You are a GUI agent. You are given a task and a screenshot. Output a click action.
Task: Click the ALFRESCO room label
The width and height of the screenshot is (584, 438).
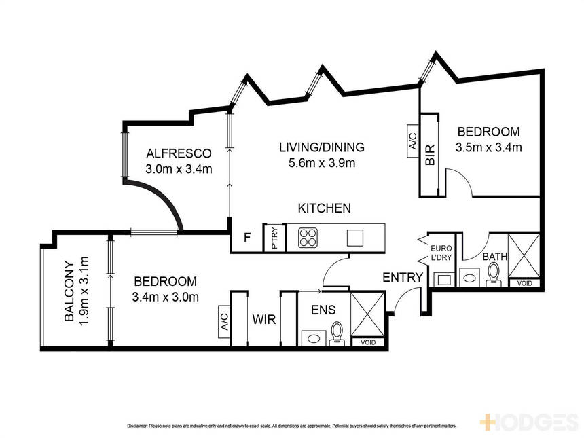(179, 153)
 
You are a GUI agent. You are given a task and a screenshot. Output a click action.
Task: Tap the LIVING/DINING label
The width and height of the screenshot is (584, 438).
(322, 147)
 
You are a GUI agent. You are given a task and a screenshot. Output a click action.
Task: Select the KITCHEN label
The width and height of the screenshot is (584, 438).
(324, 208)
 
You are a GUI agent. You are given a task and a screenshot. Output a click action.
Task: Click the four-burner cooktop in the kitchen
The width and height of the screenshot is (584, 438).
(308, 237)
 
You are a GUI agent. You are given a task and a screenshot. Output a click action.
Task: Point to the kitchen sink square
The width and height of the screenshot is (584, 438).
(355, 238)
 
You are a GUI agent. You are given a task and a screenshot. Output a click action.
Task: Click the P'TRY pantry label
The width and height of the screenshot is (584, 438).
(275, 238)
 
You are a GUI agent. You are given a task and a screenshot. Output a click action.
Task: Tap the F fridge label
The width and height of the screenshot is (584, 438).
(247, 237)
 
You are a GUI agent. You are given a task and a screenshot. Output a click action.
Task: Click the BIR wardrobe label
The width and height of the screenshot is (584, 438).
(429, 155)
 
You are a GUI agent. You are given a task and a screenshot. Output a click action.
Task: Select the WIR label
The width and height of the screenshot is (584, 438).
(264, 320)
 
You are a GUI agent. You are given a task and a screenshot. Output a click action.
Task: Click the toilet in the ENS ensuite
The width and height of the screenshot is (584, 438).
(337, 333)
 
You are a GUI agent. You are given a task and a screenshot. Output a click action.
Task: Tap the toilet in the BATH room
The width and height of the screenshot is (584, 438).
(494, 274)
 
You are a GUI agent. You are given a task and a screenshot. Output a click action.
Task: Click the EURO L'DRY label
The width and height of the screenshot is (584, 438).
(441, 253)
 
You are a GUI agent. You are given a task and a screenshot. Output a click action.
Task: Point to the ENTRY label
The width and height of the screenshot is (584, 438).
(403, 278)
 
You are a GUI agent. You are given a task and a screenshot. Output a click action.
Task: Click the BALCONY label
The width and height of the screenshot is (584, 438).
(69, 291)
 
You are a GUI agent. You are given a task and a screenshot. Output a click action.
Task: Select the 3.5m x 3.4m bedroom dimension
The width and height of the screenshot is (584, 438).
(488, 147)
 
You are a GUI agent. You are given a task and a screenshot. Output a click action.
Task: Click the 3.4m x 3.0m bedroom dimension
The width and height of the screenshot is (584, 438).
(165, 297)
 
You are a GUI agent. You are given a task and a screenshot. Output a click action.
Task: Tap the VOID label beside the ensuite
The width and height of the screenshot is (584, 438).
(367, 342)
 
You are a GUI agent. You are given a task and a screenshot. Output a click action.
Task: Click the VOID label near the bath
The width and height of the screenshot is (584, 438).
(524, 283)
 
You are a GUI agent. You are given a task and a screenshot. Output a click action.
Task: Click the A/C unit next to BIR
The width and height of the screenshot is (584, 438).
(413, 141)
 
